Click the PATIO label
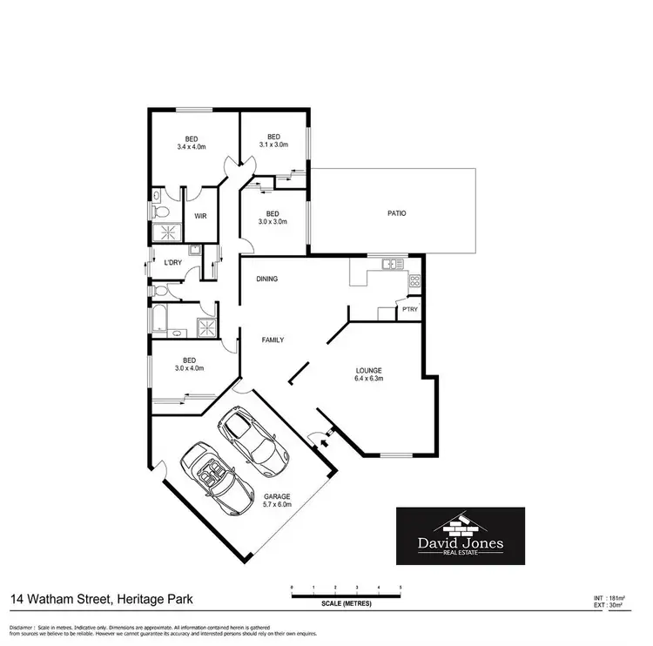coord(397,213)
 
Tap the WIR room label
coord(200,216)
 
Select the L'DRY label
coord(172,262)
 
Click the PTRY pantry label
coord(408,309)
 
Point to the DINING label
coord(266,279)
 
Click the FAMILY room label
coord(273,340)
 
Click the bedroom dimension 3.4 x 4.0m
coord(190,146)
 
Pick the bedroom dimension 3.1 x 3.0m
coord(273,145)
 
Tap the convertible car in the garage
coord(212,478)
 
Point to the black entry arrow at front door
coord(324,441)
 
